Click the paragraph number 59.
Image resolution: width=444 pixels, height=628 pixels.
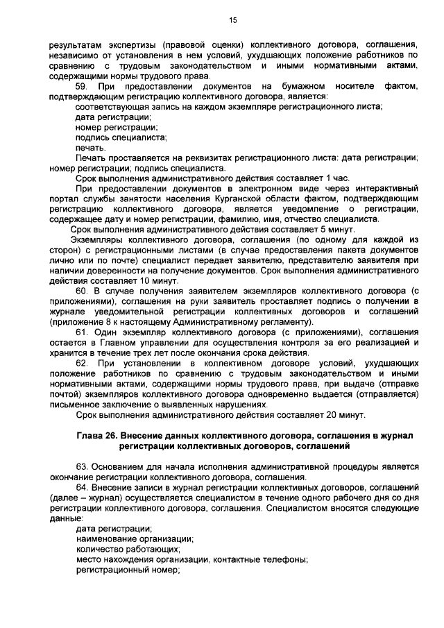pyautogui.click(x=81, y=86)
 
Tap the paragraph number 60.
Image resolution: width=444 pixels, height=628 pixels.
pyautogui.click(x=81, y=291)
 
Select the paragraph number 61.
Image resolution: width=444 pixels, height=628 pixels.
pyautogui.click(x=81, y=332)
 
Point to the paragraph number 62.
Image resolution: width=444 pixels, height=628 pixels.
pyautogui.click(x=81, y=363)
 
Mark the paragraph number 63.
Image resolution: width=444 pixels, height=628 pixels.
pyautogui.click(x=81, y=467)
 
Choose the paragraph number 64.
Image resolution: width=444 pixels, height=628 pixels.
pyautogui.click(x=81, y=488)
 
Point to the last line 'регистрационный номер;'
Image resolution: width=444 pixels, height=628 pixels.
pyautogui.click(x=127, y=570)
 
